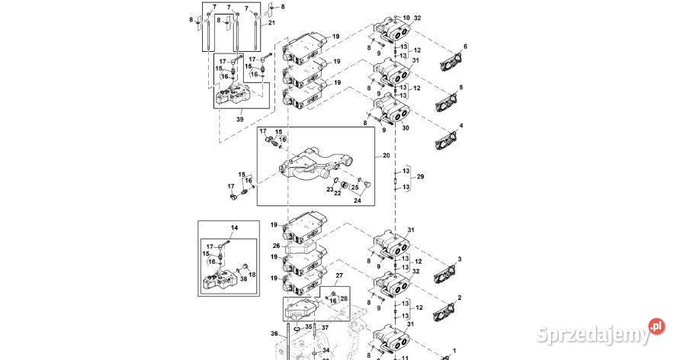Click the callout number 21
271,24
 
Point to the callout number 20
386,155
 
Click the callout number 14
234,228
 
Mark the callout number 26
275,246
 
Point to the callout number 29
420,177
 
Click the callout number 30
406,128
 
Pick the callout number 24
357,201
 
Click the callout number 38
245,280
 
